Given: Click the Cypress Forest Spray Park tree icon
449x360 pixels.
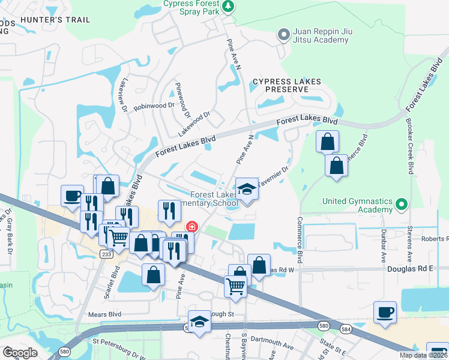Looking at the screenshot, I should point(228,6).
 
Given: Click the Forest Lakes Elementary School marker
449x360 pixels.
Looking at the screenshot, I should point(246,190).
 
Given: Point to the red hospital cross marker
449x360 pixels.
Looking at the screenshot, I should point(192,227).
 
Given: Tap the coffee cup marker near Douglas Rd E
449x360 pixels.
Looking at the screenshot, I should point(385,313).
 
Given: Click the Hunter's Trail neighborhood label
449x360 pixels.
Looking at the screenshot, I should point(55,20).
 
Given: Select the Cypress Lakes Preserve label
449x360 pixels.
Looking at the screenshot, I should point(286,85).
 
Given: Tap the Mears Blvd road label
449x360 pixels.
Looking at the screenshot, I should point(104,314).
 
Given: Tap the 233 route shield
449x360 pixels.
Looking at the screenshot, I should point(106,254).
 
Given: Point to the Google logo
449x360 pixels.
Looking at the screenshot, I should point(20,353).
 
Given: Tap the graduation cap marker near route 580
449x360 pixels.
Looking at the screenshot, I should point(199,320).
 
